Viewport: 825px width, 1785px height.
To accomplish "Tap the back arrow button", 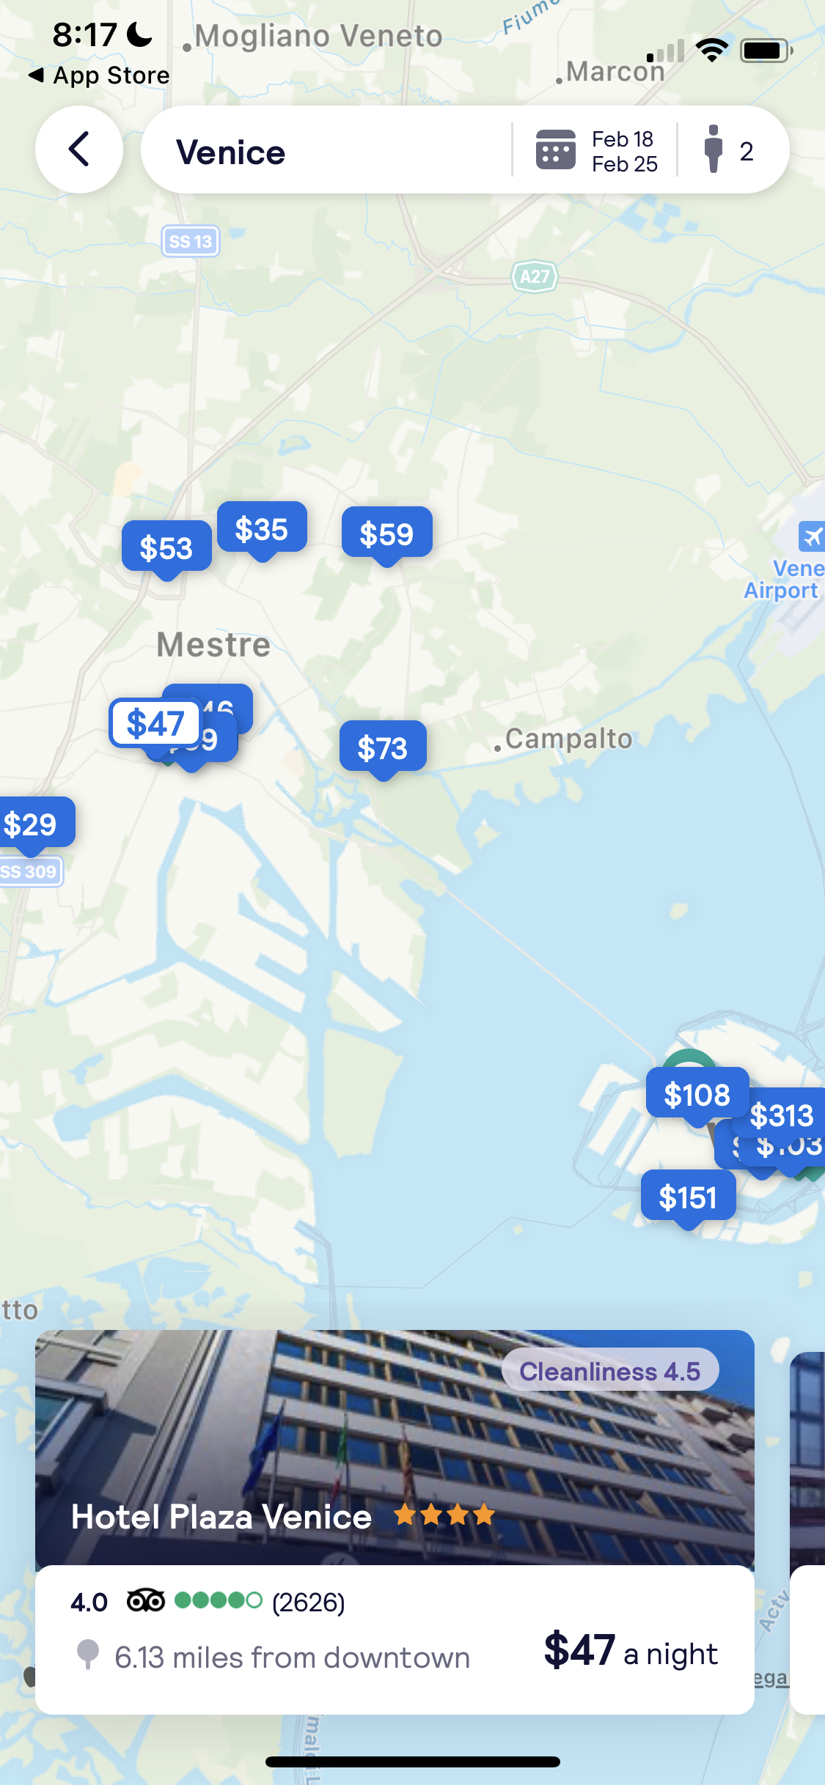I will [79, 149].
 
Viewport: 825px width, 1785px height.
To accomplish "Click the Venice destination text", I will [230, 152].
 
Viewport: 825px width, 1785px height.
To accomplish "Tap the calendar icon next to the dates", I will [555, 149].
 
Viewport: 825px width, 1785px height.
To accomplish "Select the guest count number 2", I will [746, 152].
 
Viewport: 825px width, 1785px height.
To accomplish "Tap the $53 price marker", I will [166, 547].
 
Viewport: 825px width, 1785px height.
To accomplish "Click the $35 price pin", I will [262, 528].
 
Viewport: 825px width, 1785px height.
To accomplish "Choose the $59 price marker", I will [386, 533].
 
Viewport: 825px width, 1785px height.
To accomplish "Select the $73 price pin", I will [382, 747].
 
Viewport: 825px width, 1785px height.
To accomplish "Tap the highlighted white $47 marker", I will [155, 723].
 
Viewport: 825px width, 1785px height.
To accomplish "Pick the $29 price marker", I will [31, 824].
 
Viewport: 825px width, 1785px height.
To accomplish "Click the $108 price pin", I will [697, 1094].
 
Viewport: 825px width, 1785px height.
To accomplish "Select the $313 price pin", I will [782, 1115].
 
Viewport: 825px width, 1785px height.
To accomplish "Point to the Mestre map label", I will [213, 645].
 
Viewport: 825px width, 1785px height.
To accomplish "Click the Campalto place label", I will [568, 739].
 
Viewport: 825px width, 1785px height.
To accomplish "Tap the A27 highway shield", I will [535, 276].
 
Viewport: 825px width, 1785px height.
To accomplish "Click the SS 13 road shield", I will [191, 241].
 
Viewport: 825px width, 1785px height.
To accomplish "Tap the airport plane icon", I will [812, 536].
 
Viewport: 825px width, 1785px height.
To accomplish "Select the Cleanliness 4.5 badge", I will [609, 1370].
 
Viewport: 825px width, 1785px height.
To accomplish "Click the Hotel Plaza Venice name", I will [221, 1516].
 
